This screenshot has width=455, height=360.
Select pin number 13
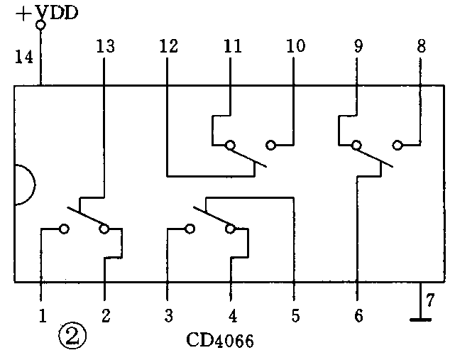(104, 47)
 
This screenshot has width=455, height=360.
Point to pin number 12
(168, 47)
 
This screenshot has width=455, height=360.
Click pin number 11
(231, 47)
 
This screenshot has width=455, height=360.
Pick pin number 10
(295, 47)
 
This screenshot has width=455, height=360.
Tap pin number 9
(357, 47)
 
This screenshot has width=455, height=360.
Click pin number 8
(421, 47)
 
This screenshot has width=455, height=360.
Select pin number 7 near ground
(428, 300)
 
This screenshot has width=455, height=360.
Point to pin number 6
(358, 315)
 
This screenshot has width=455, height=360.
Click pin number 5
(295, 315)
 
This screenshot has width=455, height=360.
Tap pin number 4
(231, 315)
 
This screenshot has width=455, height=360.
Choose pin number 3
(168, 315)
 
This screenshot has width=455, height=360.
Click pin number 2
(105, 315)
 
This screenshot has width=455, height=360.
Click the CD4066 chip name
(220, 341)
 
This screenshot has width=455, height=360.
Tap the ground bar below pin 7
(420, 320)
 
